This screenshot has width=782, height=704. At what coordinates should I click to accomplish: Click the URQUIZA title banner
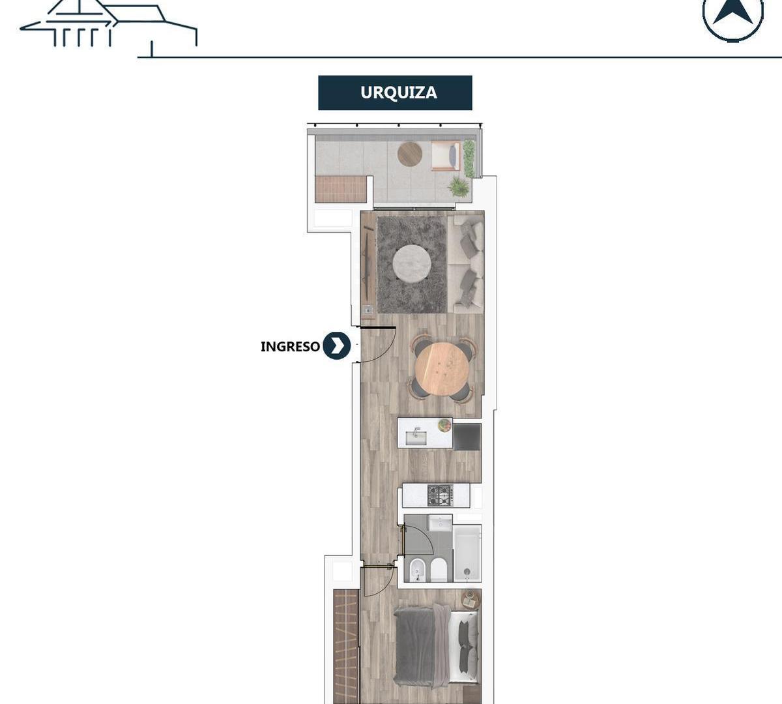[395, 93]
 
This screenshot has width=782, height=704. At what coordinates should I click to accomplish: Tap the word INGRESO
[290, 346]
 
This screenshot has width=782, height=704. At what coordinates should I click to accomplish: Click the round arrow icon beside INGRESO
[336, 345]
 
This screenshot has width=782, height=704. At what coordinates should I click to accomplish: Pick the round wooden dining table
[442, 369]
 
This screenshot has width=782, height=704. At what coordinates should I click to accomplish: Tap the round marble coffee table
[412, 263]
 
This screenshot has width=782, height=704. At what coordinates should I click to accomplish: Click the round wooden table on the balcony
[410, 154]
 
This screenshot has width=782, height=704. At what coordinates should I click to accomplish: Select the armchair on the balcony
[446, 156]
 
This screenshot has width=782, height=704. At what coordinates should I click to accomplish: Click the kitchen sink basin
[416, 437]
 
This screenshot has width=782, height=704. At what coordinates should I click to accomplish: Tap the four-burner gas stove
[441, 495]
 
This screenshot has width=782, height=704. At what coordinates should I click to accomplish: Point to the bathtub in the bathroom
[467, 553]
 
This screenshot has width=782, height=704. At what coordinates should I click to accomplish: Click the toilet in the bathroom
[439, 570]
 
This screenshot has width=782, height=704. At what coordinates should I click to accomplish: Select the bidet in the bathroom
[418, 570]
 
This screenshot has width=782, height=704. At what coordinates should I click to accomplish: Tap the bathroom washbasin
[441, 523]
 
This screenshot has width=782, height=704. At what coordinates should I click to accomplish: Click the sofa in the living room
[465, 264]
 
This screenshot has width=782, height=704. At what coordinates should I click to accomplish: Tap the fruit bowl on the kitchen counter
[444, 425]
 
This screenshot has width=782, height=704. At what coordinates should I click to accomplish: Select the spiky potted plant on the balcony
[459, 186]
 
